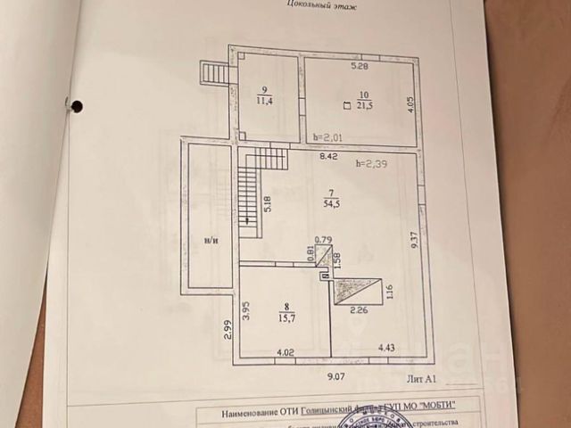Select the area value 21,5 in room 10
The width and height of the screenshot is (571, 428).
tap(365, 106)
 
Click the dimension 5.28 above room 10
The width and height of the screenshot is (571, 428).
tap(359, 66)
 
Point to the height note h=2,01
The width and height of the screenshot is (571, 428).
tap(327, 138)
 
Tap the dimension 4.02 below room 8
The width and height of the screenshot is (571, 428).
tap(285, 354)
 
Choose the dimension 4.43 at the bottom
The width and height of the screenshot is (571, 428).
tap(386, 348)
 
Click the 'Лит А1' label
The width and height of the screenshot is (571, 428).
tap(420, 379)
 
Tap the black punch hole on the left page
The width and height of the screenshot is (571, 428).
tap(77, 107)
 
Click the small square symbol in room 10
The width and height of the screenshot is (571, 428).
tap(346, 106)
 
